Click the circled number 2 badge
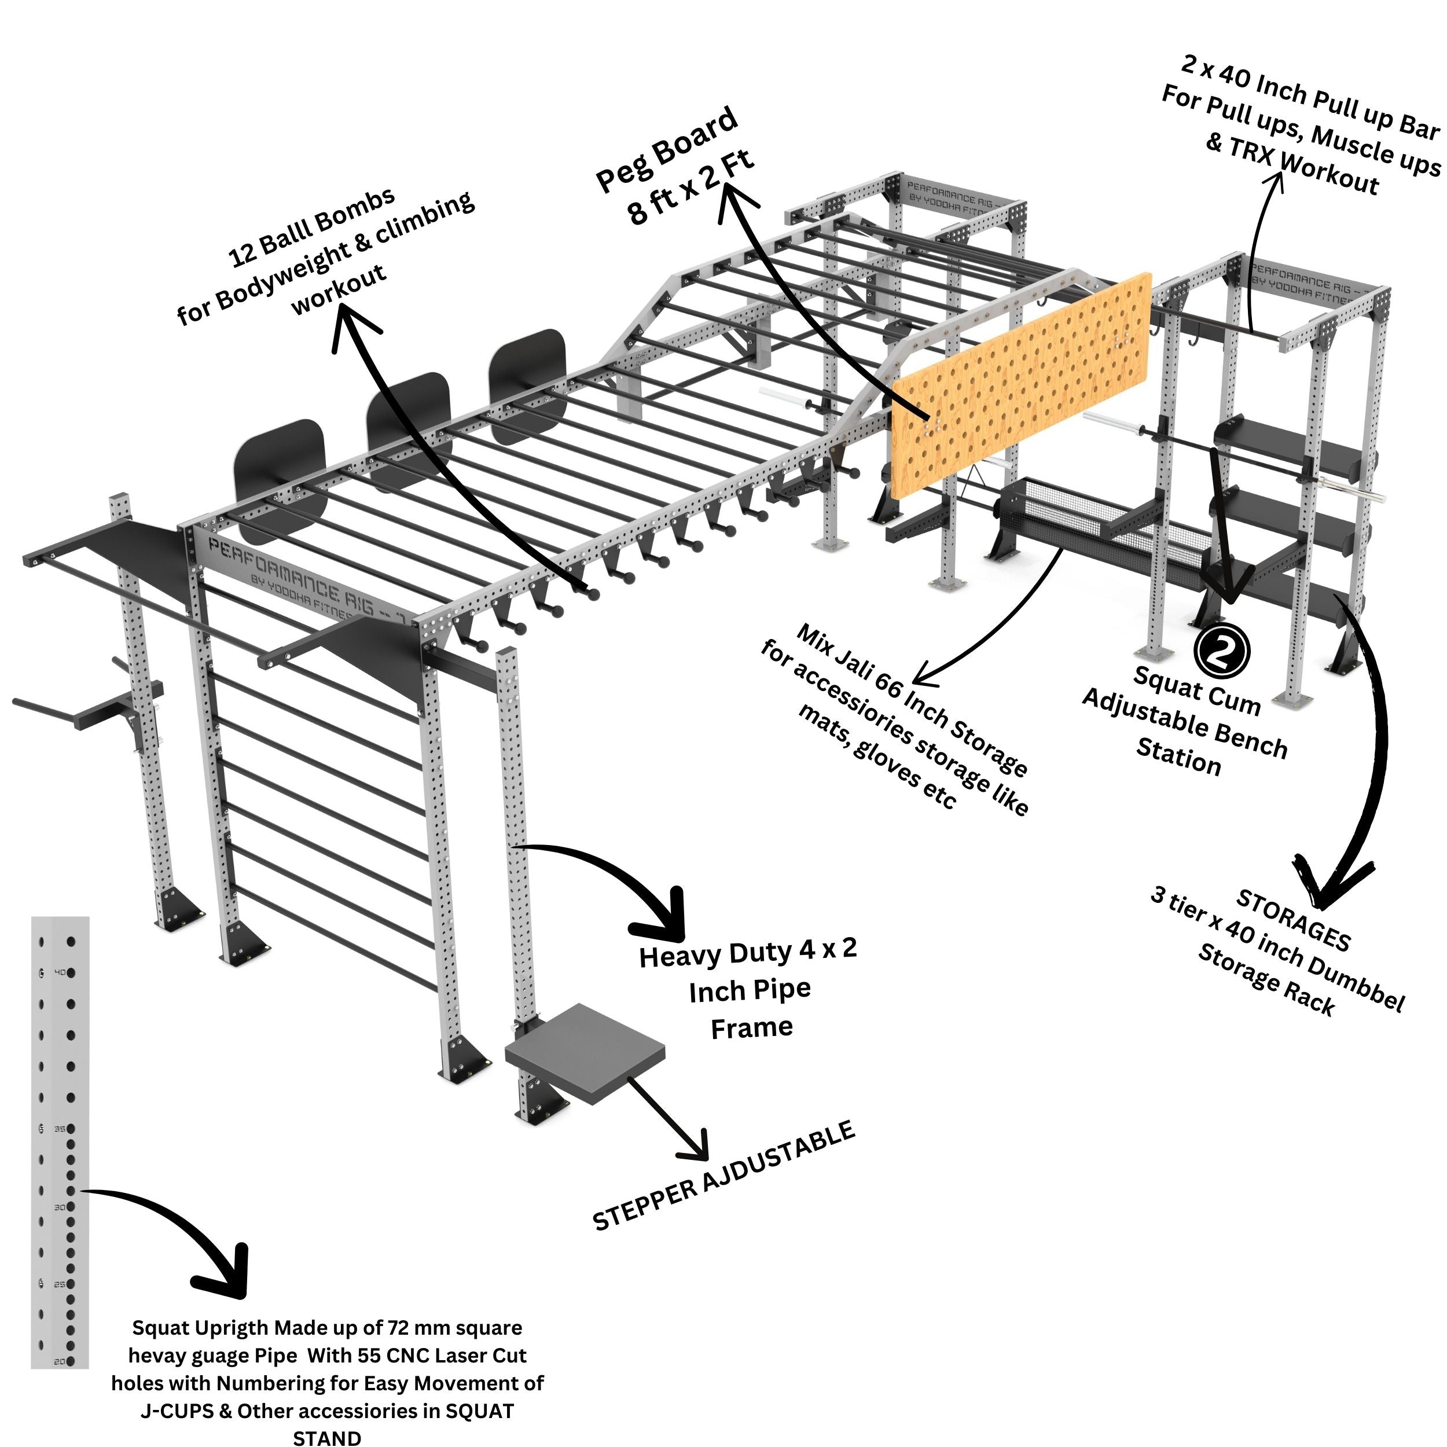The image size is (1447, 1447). click(1222, 651)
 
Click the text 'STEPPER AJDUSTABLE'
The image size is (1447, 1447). click(723, 1176)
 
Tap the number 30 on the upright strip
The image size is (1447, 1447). click(59, 1207)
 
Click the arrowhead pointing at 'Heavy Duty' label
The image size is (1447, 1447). click(663, 917)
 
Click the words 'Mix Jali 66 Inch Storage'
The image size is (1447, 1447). click(910, 700)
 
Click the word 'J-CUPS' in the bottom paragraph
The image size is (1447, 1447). click(177, 1411)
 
